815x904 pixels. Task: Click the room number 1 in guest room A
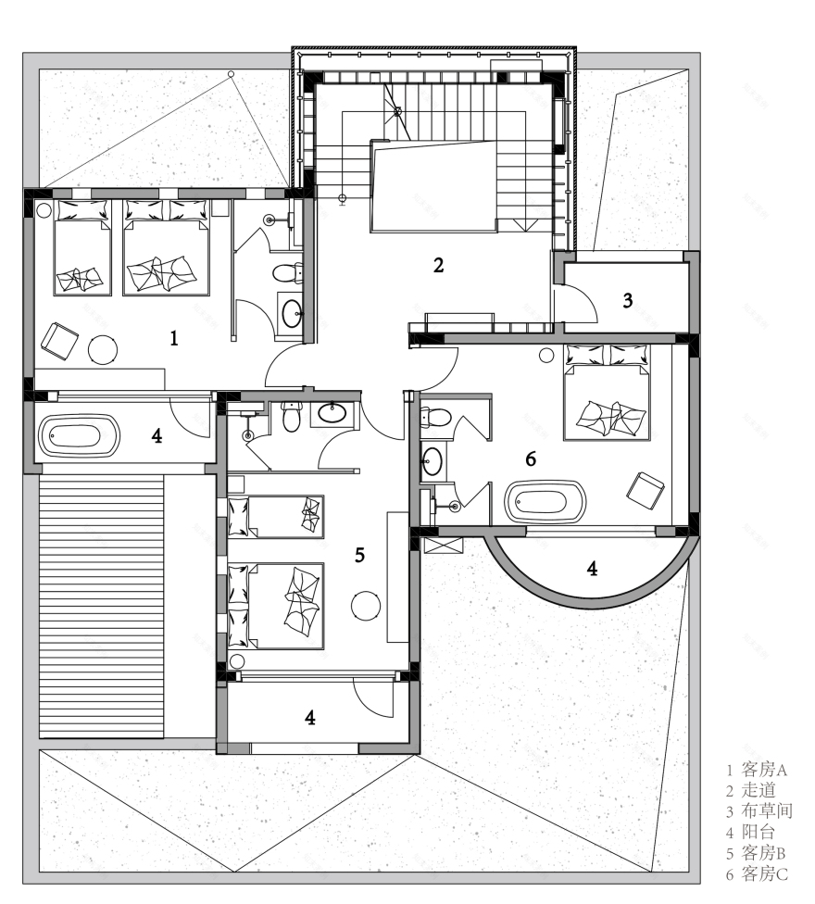173,338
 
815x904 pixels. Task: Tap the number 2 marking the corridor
439,265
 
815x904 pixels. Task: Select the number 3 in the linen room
628,300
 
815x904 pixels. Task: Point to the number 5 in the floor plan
359,555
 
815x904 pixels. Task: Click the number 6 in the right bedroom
530,458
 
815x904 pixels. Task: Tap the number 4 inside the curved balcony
591,567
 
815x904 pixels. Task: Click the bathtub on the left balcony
81,436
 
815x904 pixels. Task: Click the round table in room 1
103,349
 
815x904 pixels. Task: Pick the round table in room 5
366,605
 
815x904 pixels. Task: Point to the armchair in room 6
646,490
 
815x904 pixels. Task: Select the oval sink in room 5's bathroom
332,413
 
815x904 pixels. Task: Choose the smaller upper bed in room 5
276,516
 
